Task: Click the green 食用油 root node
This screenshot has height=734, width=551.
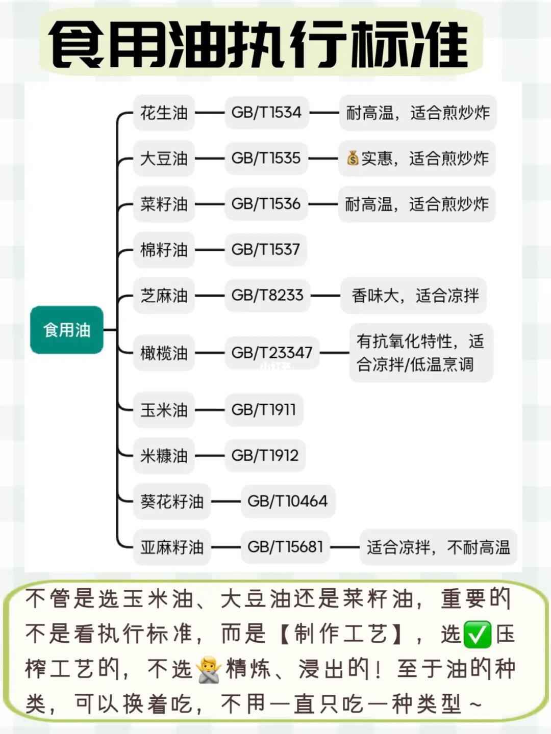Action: tap(67, 330)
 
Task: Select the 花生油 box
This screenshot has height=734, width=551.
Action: tap(164, 113)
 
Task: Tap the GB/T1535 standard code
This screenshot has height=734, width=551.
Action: tap(266, 158)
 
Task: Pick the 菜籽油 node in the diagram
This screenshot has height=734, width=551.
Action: tap(164, 204)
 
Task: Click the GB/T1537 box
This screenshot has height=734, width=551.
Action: tap(265, 250)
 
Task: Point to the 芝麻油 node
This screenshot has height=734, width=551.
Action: tap(164, 296)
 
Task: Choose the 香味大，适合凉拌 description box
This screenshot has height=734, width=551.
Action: tap(414, 296)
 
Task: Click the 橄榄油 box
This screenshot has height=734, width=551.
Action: tap(164, 353)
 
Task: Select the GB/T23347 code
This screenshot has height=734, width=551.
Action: tap(271, 353)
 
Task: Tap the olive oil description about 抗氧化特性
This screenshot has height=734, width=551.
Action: tap(421, 353)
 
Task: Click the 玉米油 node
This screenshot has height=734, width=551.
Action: tap(164, 410)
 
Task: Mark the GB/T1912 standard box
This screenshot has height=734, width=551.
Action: tap(265, 455)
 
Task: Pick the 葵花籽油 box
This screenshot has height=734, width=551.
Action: tap(172, 501)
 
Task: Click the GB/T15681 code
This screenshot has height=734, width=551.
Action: tap(285, 547)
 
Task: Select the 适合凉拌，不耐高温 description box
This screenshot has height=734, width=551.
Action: tap(438, 547)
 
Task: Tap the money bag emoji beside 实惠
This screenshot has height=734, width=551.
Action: tap(353, 158)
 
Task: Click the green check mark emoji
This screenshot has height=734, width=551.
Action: tap(477, 635)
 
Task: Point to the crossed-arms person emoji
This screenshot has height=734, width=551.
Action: tap(209, 669)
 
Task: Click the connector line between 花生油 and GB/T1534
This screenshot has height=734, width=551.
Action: tap(210, 113)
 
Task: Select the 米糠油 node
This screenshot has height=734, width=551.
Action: tap(164, 455)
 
